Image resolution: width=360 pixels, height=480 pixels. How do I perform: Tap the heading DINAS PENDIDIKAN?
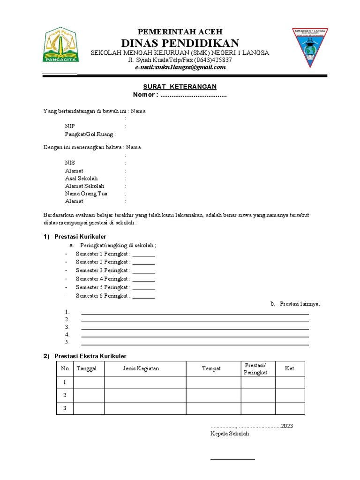(180, 43)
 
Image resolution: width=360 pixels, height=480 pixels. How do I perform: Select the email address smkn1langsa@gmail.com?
(180, 67)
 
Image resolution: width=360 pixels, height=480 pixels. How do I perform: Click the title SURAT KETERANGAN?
(180, 87)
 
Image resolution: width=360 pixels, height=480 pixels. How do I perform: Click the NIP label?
(69, 127)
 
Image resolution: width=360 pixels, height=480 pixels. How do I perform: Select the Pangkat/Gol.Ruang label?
(90, 134)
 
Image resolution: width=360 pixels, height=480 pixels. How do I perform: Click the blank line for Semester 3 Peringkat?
(143, 271)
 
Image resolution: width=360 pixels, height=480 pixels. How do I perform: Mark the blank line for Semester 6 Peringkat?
(143, 296)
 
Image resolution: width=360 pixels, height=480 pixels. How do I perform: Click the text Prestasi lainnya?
(300, 304)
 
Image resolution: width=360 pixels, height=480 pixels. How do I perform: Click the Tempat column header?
(211, 368)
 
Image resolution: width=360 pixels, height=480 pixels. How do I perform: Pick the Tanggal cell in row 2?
(89, 396)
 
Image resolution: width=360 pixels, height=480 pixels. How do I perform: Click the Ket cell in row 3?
(290, 408)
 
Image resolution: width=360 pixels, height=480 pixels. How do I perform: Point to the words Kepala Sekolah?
(230, 434)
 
